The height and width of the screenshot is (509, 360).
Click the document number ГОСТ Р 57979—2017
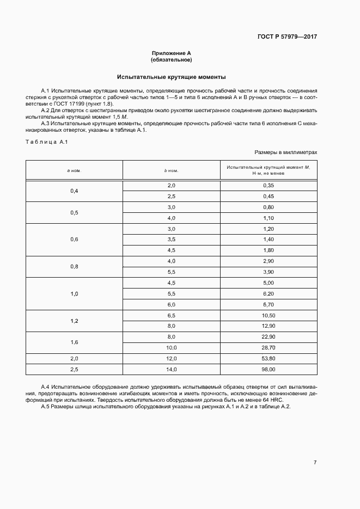(x=286, y=37)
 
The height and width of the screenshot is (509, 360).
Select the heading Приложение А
(x=172, y=53)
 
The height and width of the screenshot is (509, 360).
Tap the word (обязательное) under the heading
(x=172, y=59)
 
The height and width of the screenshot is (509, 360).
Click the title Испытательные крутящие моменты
(x=172, y=77)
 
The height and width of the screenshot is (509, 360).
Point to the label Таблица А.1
(x=46, y=142)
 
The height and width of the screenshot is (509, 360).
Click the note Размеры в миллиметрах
(x=285, y=152)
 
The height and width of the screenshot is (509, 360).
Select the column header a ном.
(x=74, y=170)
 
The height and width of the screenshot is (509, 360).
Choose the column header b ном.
(x=172, y=170)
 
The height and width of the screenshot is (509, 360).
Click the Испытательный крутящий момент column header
(x=268, y=170)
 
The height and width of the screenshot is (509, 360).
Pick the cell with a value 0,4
(x=74, y=191)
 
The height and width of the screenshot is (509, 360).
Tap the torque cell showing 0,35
(x=268, y=186)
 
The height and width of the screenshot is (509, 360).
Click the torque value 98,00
(x=268, y=369)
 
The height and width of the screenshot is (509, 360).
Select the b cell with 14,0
(x=172, y=369)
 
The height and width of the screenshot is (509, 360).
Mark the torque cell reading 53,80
(x=268, y=358)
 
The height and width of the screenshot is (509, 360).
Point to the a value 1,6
(x=74, y=342)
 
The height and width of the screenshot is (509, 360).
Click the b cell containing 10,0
(x=172, y=347)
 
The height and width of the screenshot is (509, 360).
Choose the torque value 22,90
(x=268, y=336)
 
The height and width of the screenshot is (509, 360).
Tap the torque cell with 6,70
(x=268, y=304)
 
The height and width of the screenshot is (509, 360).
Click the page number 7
(x=315, y=462)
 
